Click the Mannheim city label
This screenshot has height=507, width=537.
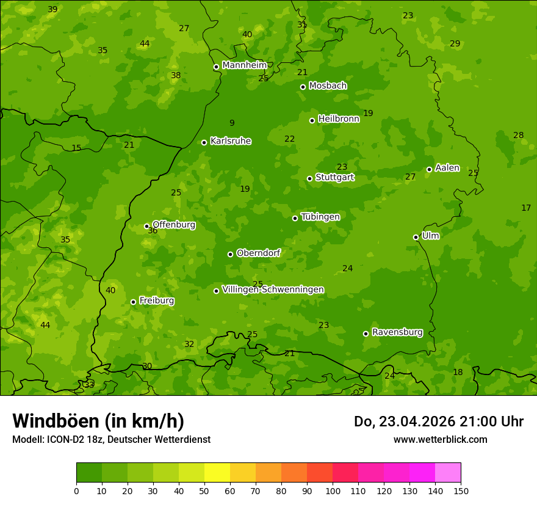(244, 65)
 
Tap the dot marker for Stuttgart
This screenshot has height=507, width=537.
(309, 178)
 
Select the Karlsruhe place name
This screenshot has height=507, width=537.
(230, 141)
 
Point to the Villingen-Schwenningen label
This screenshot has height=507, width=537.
(273, 290)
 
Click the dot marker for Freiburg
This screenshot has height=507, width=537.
(133, 302)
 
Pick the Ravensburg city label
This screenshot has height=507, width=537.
(397, 332)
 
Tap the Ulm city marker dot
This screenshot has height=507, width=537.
(416, 237)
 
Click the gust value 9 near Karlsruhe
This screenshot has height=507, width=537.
(232, 123)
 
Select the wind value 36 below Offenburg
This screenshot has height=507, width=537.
(153, 231)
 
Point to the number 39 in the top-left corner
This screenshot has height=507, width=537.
(52, 9)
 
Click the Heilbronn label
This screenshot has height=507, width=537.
(338, 119)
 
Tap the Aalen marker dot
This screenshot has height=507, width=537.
(429, 169)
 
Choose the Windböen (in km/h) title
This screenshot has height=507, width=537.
(98, 421)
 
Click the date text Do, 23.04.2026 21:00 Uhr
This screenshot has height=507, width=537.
(438, 421)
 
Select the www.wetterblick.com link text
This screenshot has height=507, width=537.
(440, 439)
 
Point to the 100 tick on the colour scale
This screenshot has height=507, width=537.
(333, 491)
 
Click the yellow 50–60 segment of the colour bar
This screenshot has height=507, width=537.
(217, 472)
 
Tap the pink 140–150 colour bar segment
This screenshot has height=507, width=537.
(448, 472)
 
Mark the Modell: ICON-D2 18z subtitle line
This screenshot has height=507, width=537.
(111, 439)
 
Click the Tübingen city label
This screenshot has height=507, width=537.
(320, 217)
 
